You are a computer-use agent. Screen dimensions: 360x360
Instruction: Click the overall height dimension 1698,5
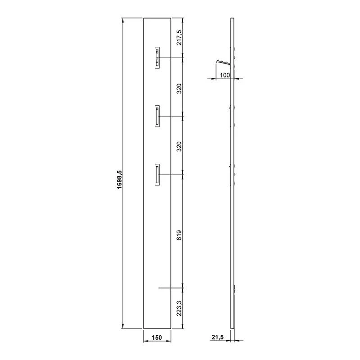click(120, 180)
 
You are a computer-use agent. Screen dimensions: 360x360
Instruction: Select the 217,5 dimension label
click(179, 38)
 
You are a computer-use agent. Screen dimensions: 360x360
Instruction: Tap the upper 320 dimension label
click(179, 89)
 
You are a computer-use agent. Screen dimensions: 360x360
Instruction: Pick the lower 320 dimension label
click(179, 147)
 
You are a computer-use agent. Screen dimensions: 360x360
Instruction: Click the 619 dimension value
click(179, 235)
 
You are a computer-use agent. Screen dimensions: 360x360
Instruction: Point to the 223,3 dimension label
click(179, 309)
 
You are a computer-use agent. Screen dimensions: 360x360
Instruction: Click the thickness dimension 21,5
click(218, 337)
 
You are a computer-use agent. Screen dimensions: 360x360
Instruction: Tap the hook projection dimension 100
click(225, 75)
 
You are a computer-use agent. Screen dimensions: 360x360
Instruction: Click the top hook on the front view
click(157, 58)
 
